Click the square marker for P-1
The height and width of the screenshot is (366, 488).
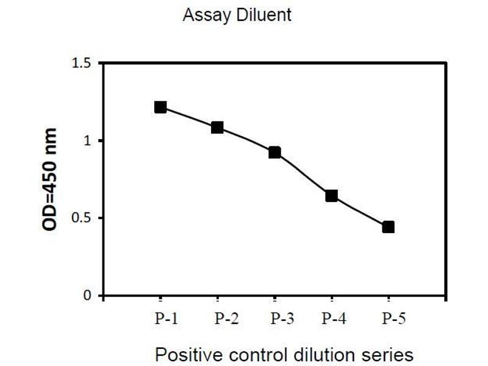[160, 107]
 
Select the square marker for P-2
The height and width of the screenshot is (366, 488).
[217, 127]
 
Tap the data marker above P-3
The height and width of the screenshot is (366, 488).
[274, 152]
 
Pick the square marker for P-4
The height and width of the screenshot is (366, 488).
[331, 196]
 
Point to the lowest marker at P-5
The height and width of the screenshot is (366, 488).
[389, 227]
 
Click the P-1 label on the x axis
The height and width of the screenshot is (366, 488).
[167, 318]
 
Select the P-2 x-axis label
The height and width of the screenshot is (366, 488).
[226, 318]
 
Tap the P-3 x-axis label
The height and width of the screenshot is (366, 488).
[282, 318]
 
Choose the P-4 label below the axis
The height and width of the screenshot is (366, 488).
[334, 318]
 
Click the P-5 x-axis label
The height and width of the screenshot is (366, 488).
[393, 318]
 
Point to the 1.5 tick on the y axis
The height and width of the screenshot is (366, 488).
[81, 63]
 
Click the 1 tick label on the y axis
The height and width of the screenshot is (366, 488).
[87, 141]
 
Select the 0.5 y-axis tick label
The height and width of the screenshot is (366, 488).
[81, 218]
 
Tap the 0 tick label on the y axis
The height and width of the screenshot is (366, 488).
[87, 295]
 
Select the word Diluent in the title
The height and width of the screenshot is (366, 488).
[264, 15]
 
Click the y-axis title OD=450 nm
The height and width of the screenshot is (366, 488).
[50, 179]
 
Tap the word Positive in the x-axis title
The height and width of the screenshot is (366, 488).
[189, 354]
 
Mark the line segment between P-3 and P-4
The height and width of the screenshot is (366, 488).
[303, 175]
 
